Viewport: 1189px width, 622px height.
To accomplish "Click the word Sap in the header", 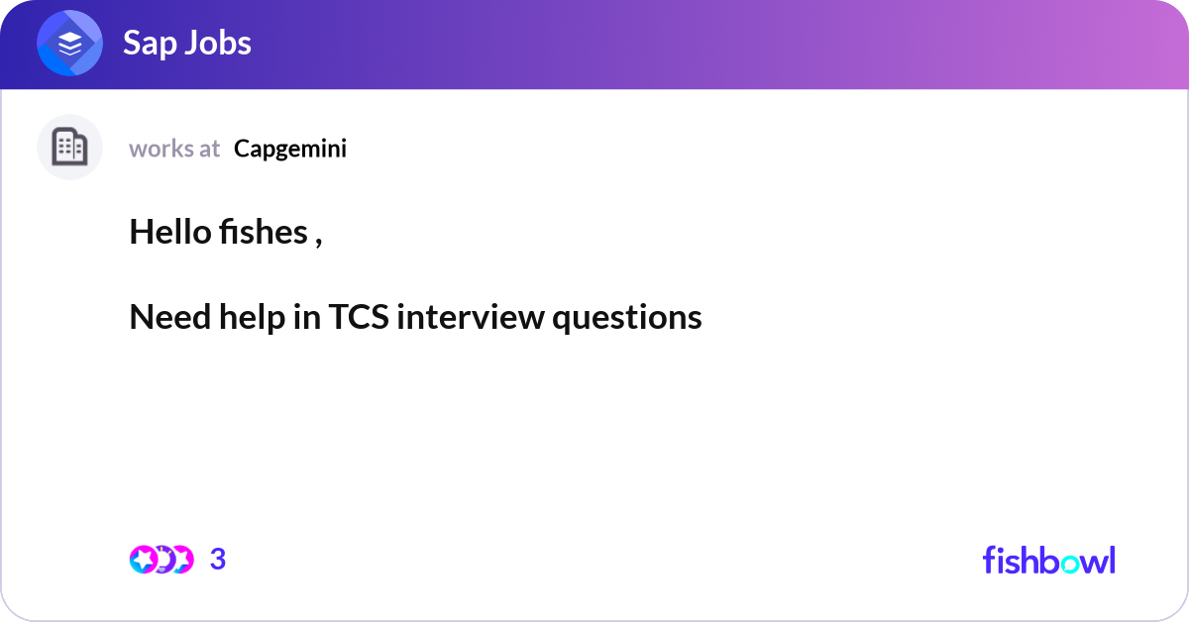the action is pyautogui.click(x=150, y=44).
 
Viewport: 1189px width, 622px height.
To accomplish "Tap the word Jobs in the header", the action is pyautogui.click(x=218, y=43).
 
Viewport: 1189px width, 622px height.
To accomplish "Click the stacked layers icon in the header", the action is pyautogui.click(x=69, y=43).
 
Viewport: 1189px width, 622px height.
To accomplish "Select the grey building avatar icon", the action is pyautogui.click(x=69, y=147).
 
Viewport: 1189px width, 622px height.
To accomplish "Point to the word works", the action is pyautogui.click(x=161, y=149).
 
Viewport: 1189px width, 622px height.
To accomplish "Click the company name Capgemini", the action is pyautogui.click(x=290, y=150).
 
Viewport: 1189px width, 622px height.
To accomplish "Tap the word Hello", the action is pyautogui.click(x=170, y=232).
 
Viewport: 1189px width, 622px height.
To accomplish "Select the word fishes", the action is pyautogui.click(x=264, y=232).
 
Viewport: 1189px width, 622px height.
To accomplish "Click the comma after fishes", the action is pyautogui.click(x=318, y=243).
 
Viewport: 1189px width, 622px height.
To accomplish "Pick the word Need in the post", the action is pyautogui.click(x=170, y=317).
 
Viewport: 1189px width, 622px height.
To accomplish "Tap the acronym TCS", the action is pyautogui.click(x=359, y=317).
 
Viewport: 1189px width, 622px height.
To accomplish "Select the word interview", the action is pyautogui.click(x=471, y=317).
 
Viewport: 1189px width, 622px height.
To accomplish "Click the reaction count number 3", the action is pyautogui.click(x=218, y=560).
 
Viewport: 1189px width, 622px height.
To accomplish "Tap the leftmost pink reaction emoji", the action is pyautogui.click(x=144, y=560).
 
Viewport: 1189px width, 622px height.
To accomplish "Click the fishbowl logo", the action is pyautogui.click(x=1049, y=560).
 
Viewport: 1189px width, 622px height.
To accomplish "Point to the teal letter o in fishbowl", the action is pyautogui.click(x=1070, y=565).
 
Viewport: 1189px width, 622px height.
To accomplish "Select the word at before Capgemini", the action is pyautogui.click(x=210, y=150).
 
